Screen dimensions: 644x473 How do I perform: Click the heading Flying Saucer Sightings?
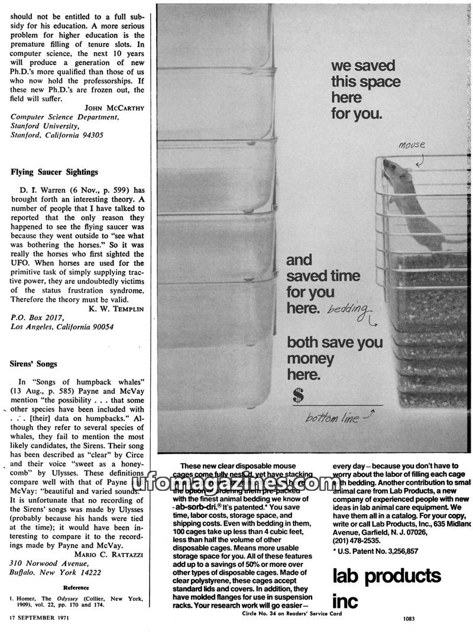(x=54, y=172)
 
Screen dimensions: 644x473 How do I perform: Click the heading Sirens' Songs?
(x=34, y=364)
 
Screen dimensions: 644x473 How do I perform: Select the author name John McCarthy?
(x=115, y=108)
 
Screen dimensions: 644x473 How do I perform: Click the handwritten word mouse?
(x=412, y=145)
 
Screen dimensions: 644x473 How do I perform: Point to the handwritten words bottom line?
(x=332, y=418)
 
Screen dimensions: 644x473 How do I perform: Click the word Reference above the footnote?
(x=76, y=588)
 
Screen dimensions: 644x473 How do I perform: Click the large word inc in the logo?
(x=346, y=601)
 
